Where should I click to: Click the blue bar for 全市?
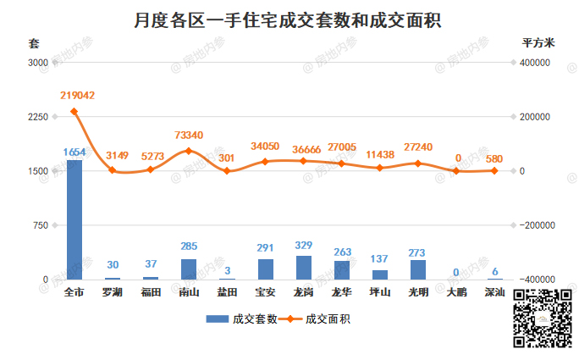(74, 219)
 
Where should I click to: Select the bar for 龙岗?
(303, 268)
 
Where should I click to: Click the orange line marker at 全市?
(74, 111)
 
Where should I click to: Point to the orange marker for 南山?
(189, 151)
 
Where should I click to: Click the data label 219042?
(77, 96)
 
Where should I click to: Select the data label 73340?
(189, 136)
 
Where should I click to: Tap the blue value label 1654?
(74, 152)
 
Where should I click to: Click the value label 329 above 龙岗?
(303, 246)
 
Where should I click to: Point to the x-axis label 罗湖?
(113, 292)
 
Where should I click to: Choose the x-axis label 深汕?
(494, 292)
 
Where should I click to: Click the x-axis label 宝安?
(265, 292)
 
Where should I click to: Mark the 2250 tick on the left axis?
(38, 117)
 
